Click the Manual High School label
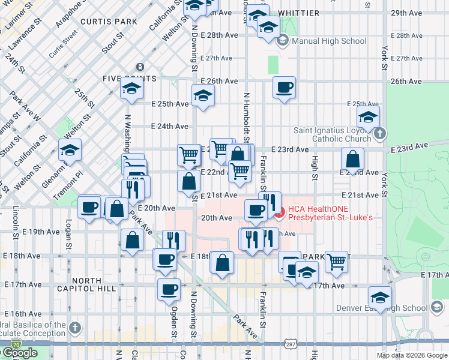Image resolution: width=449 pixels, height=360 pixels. (328, 41)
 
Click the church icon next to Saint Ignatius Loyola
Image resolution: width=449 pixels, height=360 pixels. (379, 134)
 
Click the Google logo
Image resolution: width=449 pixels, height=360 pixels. (20, 353)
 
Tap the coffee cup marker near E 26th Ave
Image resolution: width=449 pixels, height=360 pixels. (284, 87)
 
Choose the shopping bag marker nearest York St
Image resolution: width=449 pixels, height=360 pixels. (352, 159)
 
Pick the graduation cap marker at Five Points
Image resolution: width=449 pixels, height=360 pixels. (131, 89)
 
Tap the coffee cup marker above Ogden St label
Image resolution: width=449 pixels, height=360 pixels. (169, 289)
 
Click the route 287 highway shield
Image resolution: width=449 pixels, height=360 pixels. (291, 344)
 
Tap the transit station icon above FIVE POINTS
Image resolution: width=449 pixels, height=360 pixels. (139, 67)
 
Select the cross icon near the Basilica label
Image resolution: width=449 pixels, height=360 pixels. (74, 328)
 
